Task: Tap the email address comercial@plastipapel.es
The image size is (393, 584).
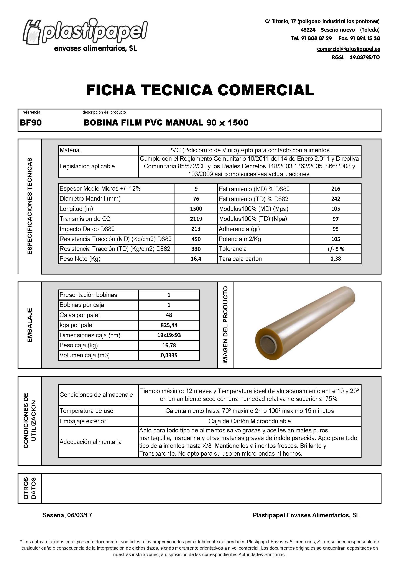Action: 348,49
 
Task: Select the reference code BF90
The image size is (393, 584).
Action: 31,123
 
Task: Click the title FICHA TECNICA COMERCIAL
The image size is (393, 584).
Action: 200,90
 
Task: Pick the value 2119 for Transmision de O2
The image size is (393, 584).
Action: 196,219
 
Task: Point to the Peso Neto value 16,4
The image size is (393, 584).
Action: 196,259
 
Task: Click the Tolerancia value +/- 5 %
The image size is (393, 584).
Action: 335,249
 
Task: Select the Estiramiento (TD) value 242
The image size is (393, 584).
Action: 335,199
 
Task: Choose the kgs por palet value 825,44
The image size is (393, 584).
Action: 169,325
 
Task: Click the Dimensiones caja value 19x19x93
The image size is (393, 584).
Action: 169,335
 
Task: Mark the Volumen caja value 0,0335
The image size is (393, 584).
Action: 169,356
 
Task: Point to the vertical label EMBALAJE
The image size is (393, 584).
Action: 29,325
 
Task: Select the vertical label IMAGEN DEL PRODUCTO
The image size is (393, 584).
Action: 225,325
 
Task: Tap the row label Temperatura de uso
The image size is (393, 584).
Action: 86,411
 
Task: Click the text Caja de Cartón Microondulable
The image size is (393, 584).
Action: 249,421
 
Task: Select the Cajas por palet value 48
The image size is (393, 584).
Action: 169,315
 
